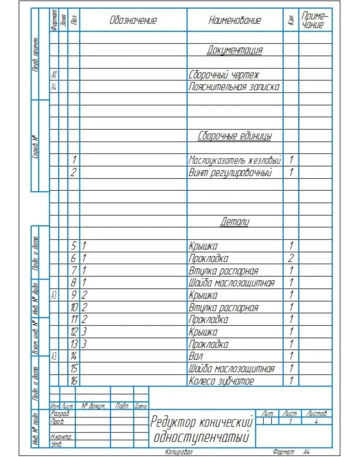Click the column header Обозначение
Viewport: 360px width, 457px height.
[133, 21]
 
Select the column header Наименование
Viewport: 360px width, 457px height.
[235, 21]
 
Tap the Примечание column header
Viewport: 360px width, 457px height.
[315, 21]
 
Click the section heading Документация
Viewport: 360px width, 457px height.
[235, 50]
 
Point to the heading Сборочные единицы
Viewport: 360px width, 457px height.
[235, 136]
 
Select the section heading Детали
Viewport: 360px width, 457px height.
[235, 222]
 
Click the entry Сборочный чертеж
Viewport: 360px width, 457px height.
[224, 75]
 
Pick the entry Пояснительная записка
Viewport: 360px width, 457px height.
[234, 87]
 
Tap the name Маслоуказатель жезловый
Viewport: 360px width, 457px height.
[235, 161]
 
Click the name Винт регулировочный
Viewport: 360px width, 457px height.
[231, 173]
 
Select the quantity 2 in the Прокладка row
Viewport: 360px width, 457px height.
[291, 259]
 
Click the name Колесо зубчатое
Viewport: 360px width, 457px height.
[221, 381]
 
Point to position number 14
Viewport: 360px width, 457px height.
[74, 356]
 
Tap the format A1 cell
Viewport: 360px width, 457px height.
[54, 75]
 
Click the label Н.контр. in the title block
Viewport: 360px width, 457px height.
[58, 436]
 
